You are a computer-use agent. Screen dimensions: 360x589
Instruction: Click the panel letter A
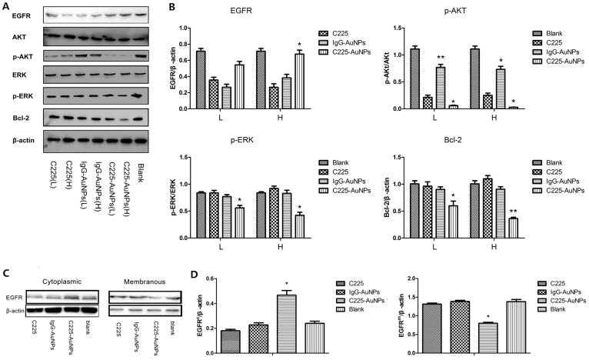pyautogui.click(x=6, y=7)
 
